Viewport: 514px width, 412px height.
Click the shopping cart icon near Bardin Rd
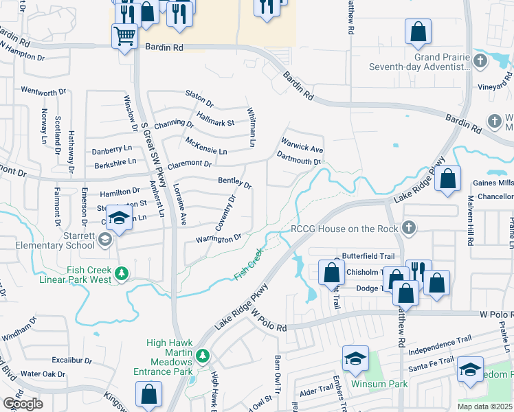124,35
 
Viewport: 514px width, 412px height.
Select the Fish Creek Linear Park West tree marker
122,274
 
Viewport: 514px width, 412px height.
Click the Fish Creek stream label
249,266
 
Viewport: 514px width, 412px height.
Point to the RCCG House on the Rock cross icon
409,227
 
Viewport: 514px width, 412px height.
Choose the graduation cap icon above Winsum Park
356,358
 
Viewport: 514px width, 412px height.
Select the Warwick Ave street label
300,148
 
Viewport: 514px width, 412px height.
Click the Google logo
23,403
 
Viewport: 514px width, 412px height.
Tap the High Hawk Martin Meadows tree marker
202,355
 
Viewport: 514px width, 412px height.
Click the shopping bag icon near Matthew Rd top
418,31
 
